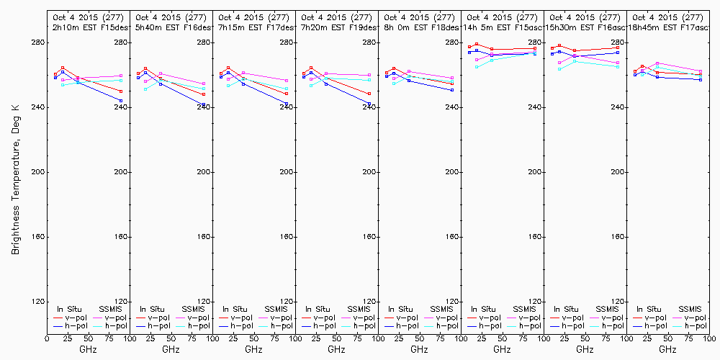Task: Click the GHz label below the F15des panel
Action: [88, 349]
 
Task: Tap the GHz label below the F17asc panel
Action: [667, 349]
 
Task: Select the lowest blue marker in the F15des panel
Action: [121, 101]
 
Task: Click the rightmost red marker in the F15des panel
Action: [121, 91]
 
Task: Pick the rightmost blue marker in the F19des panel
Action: [369, 104]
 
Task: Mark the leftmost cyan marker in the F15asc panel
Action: [477, 67]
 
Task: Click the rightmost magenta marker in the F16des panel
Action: [204, 84]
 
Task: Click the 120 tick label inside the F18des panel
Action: [452, 302]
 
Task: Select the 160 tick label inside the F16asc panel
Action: [618, 237]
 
